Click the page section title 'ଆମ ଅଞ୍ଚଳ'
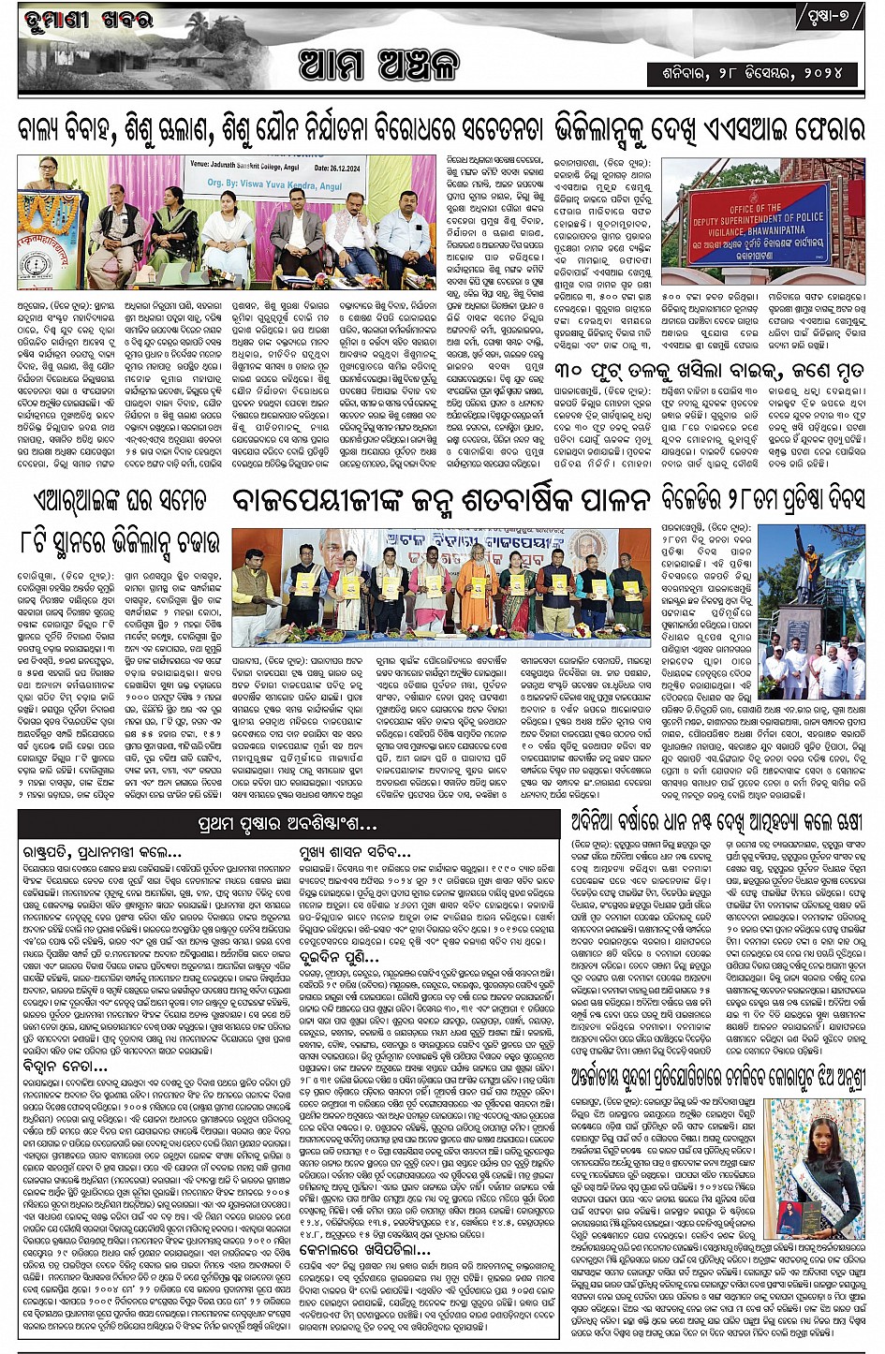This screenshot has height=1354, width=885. [x=379, y=65]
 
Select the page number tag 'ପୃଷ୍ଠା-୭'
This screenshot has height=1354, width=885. [x=831, y=16]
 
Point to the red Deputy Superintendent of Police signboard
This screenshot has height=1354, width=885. [x=759, y=223]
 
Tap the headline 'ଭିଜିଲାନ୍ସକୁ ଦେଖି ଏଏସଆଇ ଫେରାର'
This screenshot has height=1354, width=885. [x=709, y=129]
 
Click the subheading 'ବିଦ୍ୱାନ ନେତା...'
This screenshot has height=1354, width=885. [x=66, y=1066]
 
